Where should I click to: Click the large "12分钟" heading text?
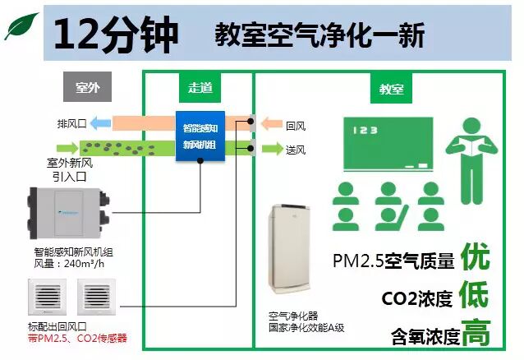click(x=115, y=34)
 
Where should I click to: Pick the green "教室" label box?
click(x=391, y=89)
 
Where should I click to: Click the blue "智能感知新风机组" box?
click(x=199, y=136)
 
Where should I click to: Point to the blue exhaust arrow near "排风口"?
click(x=101, y=124)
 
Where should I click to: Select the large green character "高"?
click(x=476, y=333)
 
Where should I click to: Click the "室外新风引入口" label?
click(x=70, y=168)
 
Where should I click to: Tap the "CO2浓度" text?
click(x=417, y=298)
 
